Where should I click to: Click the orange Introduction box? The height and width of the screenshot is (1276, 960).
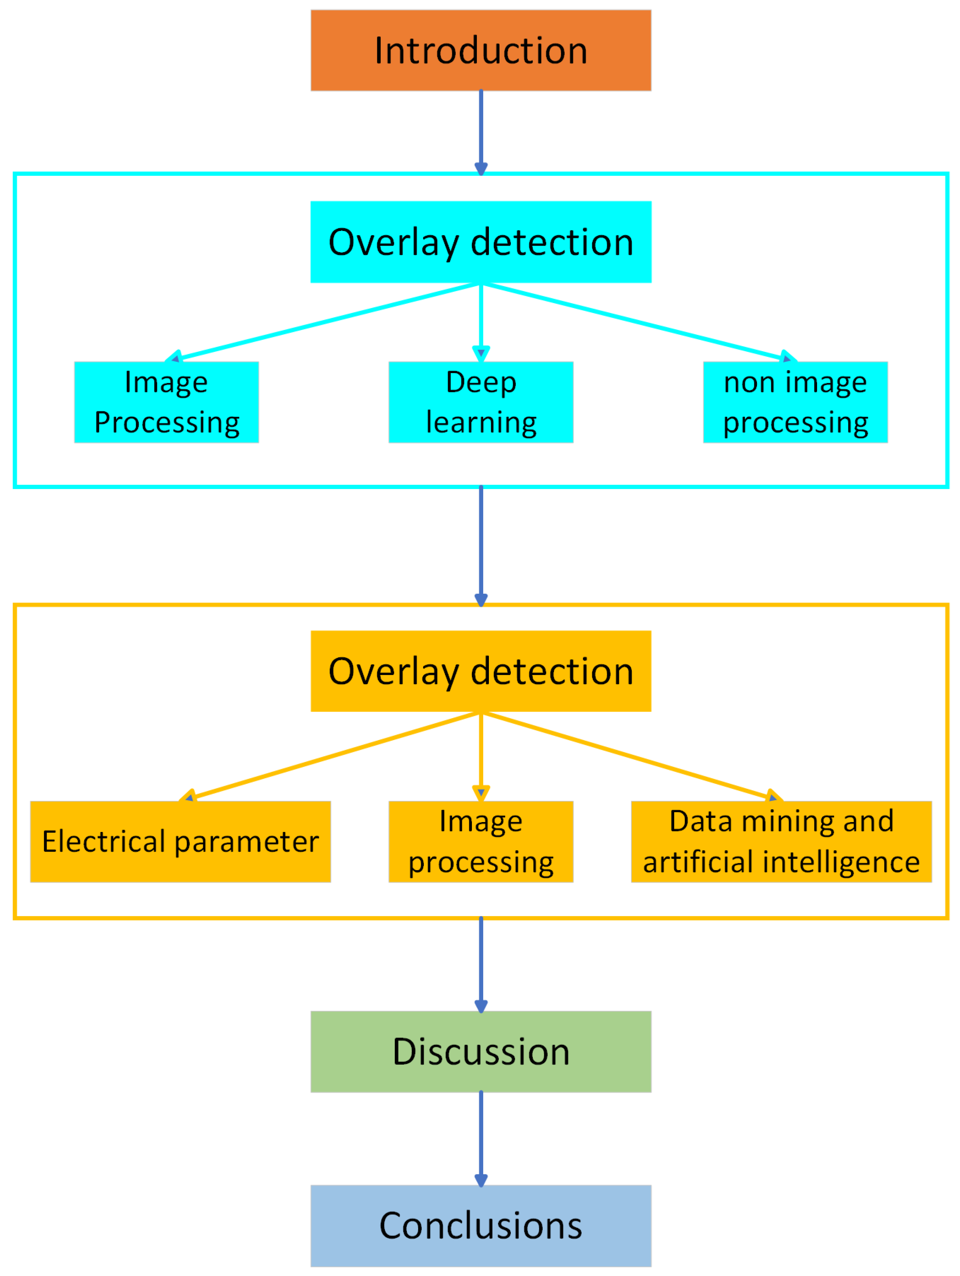pyautogui.click(x=481, y=50)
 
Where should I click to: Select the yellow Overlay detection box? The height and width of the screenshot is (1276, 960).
pyautogui.click(x=481, y=671)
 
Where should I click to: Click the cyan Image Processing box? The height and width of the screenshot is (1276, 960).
pyautogui.click(x=166, y=402)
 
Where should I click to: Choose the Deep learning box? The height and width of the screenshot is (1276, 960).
pyautogui.click(x=481, y=402)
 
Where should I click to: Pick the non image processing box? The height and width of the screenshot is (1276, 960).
pyautogui.click(x=795, y=402)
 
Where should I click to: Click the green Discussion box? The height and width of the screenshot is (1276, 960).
pyautogui.click(x=481, y=1051)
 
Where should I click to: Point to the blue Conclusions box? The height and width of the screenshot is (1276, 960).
pyautogui.click(x=481, y=1226)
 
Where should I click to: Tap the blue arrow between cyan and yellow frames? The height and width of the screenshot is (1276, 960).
pyautogui.click(x=481, y=545)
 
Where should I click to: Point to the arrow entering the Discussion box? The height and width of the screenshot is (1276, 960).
pyautogui.click(x=481, y=963)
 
